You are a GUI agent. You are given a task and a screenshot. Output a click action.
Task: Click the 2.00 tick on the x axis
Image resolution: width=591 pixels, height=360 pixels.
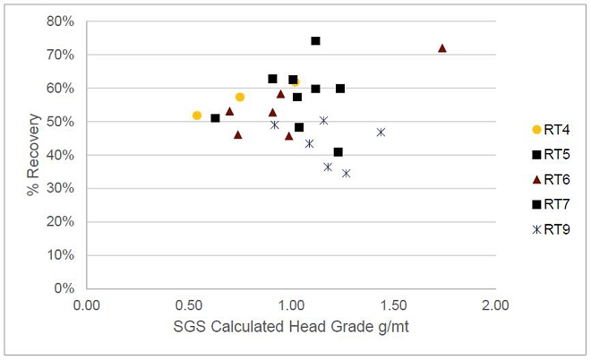[495, 305]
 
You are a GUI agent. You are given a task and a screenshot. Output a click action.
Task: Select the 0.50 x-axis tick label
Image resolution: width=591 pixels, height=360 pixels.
[189, 305]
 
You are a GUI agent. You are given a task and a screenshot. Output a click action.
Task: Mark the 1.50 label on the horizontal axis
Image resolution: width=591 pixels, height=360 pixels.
[393, 305]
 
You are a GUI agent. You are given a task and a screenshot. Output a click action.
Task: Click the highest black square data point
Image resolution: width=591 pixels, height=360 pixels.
[315, 41]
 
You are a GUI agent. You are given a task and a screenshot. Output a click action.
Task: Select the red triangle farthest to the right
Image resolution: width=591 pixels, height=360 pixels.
[441, 48]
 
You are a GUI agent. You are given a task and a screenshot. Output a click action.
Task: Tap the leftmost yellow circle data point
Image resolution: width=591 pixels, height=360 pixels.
[197, 116]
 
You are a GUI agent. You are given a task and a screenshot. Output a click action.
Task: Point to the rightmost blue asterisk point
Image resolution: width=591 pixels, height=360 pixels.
[381, 132]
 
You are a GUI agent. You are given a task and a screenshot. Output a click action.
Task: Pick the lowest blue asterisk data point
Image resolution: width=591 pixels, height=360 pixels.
[346, 174]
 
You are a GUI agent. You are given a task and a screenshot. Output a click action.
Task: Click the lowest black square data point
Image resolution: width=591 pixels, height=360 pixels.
[338, 152]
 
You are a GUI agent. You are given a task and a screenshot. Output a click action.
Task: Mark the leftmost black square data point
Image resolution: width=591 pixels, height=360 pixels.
[215, 118]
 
